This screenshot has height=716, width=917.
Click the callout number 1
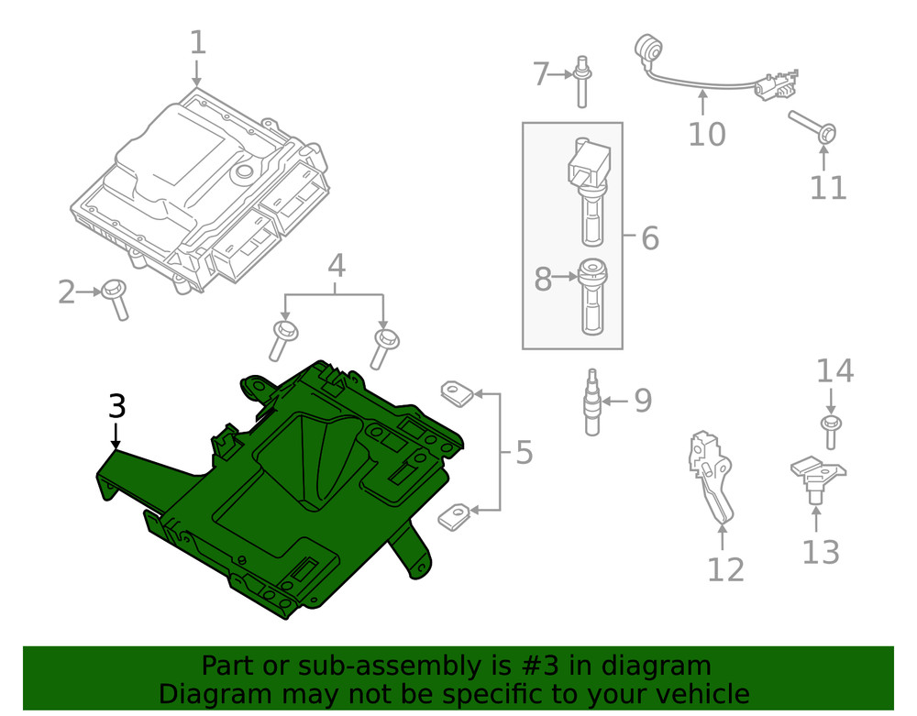tap(198, 42)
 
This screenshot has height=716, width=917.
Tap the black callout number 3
tap(116, 406)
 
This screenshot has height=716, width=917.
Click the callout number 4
tap(336, 266)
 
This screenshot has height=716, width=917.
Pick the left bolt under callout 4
tap(282, 339)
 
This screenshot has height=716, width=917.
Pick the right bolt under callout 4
tap(382, 346)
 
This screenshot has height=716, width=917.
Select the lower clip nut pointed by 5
tap(454, 515)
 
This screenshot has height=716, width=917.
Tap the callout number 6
tap(649, 238)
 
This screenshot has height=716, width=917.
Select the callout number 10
tap(706, 134)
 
